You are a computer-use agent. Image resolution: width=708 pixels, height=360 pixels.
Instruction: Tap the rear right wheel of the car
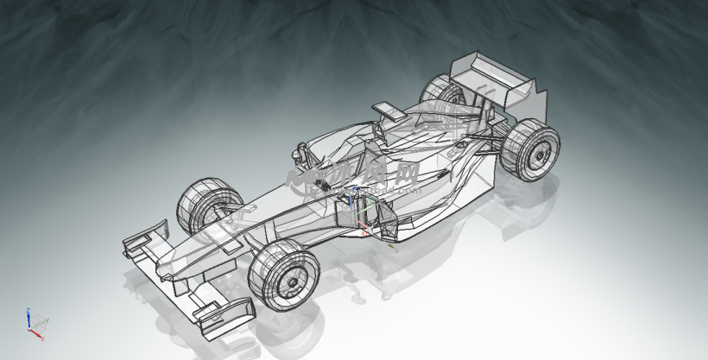[x=529, y=150]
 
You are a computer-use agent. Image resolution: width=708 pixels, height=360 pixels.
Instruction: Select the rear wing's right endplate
[x=534, y=103]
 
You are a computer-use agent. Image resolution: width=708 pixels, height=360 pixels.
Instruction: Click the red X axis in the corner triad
[x=38, y=334]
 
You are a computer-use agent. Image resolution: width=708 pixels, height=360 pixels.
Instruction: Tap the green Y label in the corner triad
[x=41, y=320]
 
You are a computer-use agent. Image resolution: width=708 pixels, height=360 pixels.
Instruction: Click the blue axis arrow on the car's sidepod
[x=351, y=204]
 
